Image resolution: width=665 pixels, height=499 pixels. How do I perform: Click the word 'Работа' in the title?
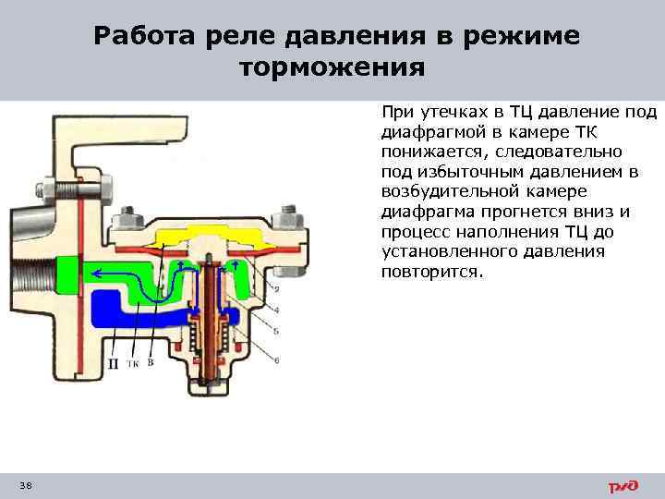140,36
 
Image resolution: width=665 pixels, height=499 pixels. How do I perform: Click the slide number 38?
24,486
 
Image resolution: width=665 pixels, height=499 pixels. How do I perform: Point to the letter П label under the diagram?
113,364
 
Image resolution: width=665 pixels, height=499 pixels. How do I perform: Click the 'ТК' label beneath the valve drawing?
133,364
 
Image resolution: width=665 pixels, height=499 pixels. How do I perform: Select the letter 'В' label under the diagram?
151,363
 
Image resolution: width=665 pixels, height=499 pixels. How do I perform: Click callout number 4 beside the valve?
277,308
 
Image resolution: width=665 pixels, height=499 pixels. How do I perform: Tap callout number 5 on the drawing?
277,331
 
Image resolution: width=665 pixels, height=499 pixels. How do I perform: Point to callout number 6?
277,358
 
